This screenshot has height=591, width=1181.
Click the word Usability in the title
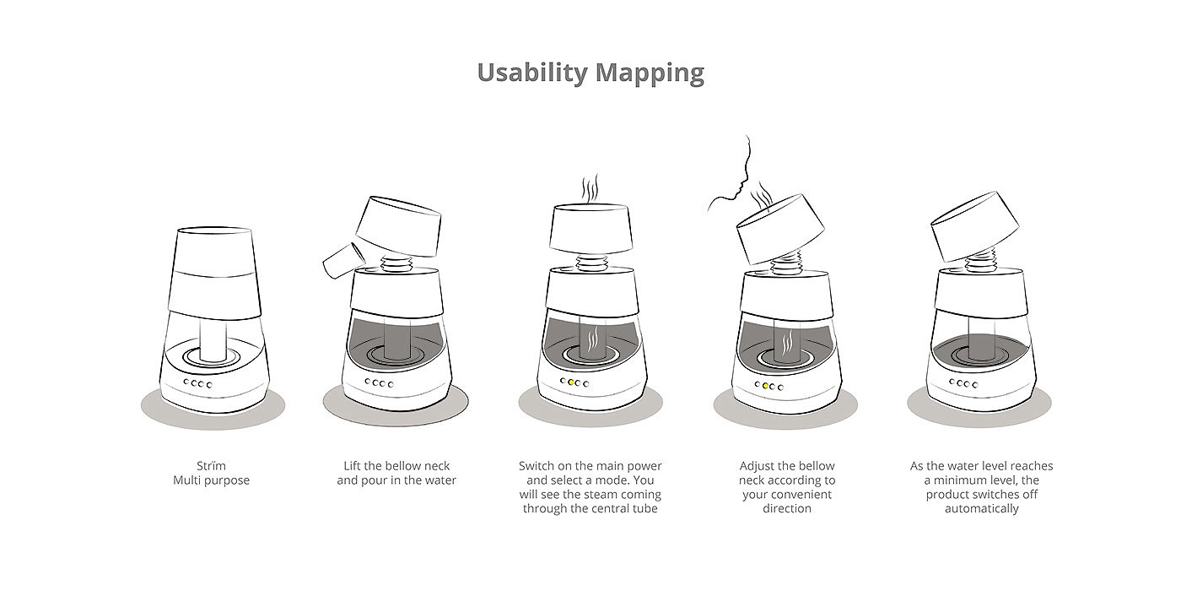pos(532,73)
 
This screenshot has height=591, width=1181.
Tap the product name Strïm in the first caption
pos(211,466)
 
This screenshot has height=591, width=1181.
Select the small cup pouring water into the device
pos(344,260)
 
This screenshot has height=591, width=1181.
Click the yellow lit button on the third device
pos(571,382)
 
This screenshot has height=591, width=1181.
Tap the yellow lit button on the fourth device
pos(765,386)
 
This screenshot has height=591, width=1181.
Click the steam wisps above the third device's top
pos(590,188)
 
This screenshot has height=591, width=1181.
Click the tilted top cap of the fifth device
pos(975,226)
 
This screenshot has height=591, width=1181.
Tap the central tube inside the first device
pos(213,341)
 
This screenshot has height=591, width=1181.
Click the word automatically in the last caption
pos(982,508)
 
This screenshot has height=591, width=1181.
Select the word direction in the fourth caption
pos(786,508)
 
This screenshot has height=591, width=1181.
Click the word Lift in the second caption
pos(353,466)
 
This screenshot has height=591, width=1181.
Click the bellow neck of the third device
pos(590,263)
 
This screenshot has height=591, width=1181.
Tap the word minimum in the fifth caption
pos(957,480)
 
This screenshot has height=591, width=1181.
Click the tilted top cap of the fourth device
pos(780,228)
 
